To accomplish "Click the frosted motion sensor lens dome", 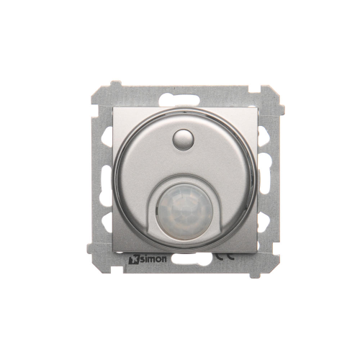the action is pos(185,212).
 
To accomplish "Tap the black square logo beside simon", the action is pos(134,260).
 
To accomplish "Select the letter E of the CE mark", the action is pos(230,256).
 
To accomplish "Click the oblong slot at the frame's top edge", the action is pos(179,99).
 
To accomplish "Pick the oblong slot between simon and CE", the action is pos(192,259).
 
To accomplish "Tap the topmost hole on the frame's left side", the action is pos(107,136).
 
